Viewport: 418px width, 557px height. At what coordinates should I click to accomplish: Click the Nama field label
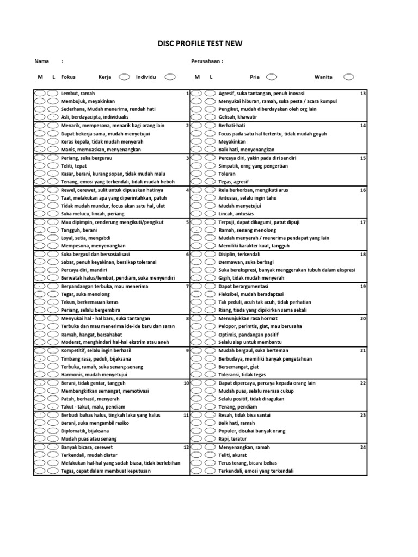point(41,61)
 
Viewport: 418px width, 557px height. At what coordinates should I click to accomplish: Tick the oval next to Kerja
point(125,77)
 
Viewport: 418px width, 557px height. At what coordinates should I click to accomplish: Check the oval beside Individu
point(170,77)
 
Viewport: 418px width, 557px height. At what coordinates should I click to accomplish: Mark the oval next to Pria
point(272,77)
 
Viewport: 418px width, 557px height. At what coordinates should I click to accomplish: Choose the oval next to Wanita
point(349,77)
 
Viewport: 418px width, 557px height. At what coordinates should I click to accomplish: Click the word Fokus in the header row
point(68,77)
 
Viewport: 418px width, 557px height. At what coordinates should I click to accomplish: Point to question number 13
point(362,94)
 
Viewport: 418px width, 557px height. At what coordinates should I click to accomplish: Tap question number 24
point(362,447)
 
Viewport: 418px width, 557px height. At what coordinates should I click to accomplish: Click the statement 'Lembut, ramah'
point(78,94)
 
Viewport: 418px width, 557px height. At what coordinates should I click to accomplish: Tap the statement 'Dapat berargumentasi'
point(243,286)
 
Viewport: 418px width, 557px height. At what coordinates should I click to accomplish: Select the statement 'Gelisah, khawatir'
point(238,117)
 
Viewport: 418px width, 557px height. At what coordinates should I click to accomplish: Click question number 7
point(187,286)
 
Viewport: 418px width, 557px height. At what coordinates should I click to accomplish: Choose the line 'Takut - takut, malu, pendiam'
point(93,407)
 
